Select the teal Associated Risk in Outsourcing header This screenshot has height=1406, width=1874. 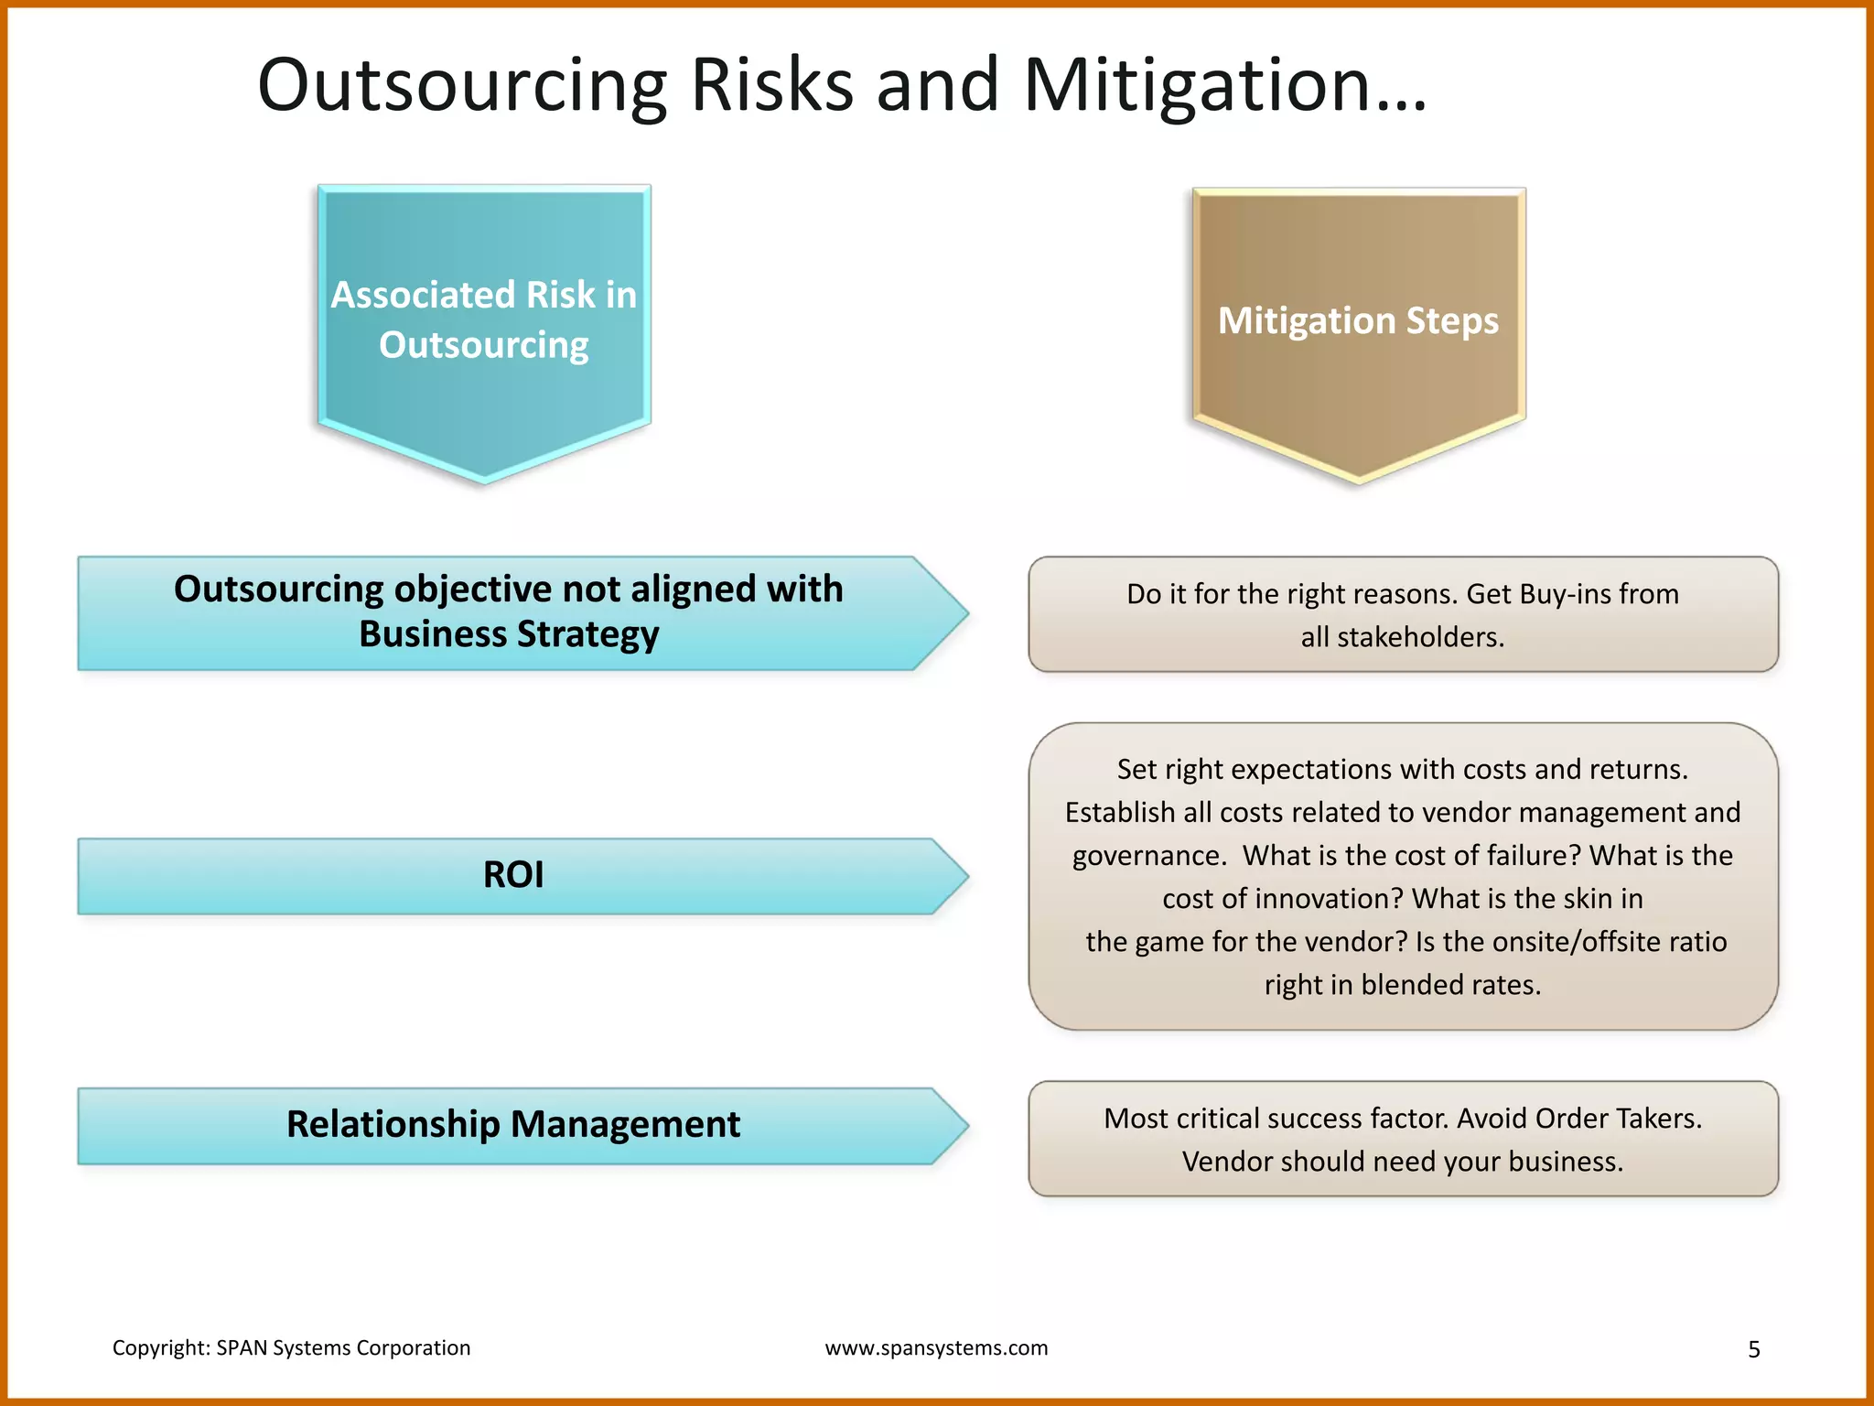click(x=484, y=320)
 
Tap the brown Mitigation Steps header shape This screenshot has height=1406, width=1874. click(x=1358, y=320)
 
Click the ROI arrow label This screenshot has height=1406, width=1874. click(x=513, y=875)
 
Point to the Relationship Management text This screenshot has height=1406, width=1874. click(x=513, y=1124)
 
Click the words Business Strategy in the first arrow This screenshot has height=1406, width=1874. click(x=509, y=633)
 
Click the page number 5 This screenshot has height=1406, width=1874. click(x=1753, y=1349)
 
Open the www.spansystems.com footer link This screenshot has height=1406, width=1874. click(x=936, y=1348)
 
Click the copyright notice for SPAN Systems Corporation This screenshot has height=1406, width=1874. click(x=291, y=1348)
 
